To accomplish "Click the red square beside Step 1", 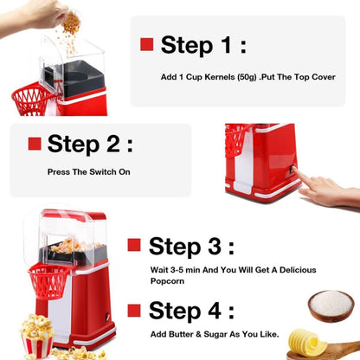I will tap(147, 45).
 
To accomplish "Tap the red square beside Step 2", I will tap(35, 144).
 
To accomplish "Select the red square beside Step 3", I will tap(134, 245).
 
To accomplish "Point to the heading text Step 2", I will tap(91, 144).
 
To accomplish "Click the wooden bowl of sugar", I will tap(331, 305).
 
